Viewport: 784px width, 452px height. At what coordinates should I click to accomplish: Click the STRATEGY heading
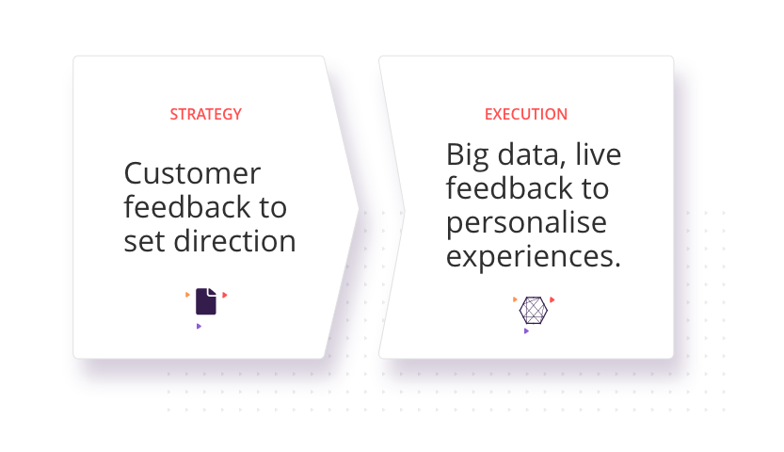pos(205,115)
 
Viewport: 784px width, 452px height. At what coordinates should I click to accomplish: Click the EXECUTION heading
pos(526,115)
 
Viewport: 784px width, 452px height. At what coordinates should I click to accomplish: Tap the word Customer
pos(192,173)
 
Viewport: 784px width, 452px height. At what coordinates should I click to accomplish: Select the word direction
pos(234,241)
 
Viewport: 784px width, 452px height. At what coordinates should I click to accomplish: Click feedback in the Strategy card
pos(187,207)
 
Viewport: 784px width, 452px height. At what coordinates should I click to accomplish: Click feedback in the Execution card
pos(509,188)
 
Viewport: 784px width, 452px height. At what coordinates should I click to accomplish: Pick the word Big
pos(467,155)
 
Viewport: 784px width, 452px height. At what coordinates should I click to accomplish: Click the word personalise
pos(526,223)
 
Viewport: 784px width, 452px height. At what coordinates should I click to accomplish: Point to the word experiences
pos(533,257)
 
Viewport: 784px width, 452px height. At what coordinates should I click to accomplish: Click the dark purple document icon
pos(206,301)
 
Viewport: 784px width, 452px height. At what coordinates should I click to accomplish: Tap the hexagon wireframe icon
pos(534,311)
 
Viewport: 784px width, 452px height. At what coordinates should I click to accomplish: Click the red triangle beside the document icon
pos(225,295)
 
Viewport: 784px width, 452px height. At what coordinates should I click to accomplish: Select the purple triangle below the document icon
pos(199,327)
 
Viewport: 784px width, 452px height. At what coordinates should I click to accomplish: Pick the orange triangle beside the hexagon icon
pos(515,299)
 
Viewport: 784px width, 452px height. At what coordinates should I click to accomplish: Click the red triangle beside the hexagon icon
pos(552,300)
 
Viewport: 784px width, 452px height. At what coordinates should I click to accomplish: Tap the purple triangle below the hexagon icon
pos(526,331)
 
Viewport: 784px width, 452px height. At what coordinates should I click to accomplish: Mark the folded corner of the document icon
pos(213,292)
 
